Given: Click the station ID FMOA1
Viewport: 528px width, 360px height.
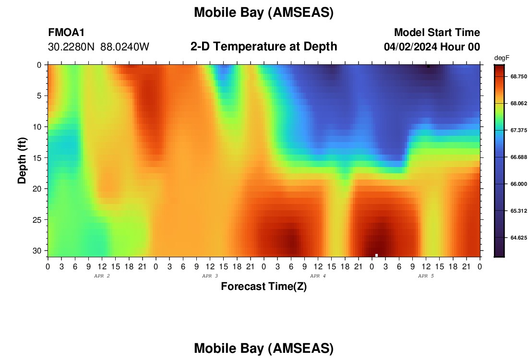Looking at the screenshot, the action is coord(66,33).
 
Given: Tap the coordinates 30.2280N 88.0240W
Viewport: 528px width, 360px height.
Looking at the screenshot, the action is coord(99,47).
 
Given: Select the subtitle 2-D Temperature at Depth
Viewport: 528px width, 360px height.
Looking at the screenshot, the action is coord(264,47).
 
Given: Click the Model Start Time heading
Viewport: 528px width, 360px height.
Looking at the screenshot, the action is coord(437,33).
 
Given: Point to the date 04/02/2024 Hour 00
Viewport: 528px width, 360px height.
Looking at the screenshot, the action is coord(432,47).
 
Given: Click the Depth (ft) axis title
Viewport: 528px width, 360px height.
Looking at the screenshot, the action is coord(22,161).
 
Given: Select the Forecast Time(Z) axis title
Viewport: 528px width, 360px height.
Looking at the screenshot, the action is coord(264,287).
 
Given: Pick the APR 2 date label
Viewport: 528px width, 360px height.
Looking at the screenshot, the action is coord(102,276).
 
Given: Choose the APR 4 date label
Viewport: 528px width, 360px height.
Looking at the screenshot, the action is coord(318,276).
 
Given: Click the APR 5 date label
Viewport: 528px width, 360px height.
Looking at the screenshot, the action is coord(426,276).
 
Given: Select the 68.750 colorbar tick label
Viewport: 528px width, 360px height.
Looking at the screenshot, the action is coord(518,77).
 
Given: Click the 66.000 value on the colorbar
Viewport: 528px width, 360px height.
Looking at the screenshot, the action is coord(518,184).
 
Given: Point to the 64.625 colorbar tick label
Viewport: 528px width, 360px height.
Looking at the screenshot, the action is coord(518,238).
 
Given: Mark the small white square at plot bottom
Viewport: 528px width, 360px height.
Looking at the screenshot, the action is coord(376,255).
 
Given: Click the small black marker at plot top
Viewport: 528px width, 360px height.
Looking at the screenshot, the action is coord(428,66).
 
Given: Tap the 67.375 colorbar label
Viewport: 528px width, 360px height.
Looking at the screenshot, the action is coord(518,131).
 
